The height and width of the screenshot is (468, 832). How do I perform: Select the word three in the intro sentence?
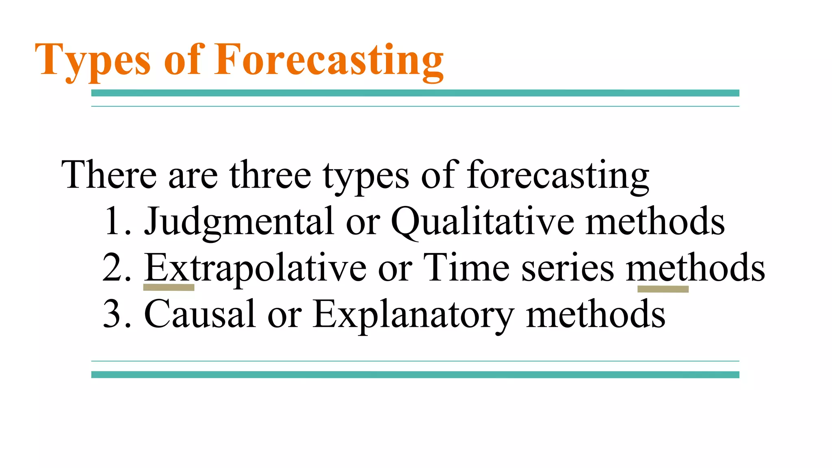click(270, 175)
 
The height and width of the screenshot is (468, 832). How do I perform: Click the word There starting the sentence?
click(109, 175)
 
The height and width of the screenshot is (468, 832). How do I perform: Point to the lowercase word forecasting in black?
click(557, 175)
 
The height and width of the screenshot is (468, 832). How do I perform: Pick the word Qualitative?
click(483, 222)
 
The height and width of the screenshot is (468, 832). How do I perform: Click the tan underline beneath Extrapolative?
click(169, 288)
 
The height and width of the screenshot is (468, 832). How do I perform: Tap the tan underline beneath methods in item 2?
click(663, 289)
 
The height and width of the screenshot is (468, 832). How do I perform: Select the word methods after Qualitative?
click(655, 222)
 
